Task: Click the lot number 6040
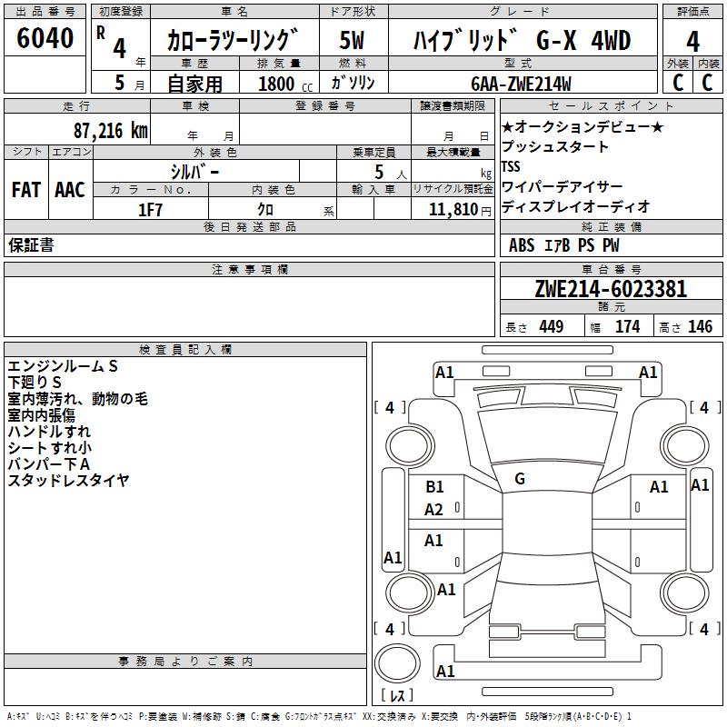click(45, 39)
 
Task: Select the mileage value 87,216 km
click(110, 130)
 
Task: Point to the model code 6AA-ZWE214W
click(521, 84)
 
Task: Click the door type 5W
click(352, 40)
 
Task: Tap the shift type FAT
click(25, 190)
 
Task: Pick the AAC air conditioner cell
click(70, 190)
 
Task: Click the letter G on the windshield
click(520, 479)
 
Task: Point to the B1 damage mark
click(434, 487)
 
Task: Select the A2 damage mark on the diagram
click(434, 510)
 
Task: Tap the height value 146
click(700, 327)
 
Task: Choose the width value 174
click(627, 327)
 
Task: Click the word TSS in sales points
click(512, 166)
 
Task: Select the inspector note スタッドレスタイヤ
click(69, 480)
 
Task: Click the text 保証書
click(31, 245)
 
